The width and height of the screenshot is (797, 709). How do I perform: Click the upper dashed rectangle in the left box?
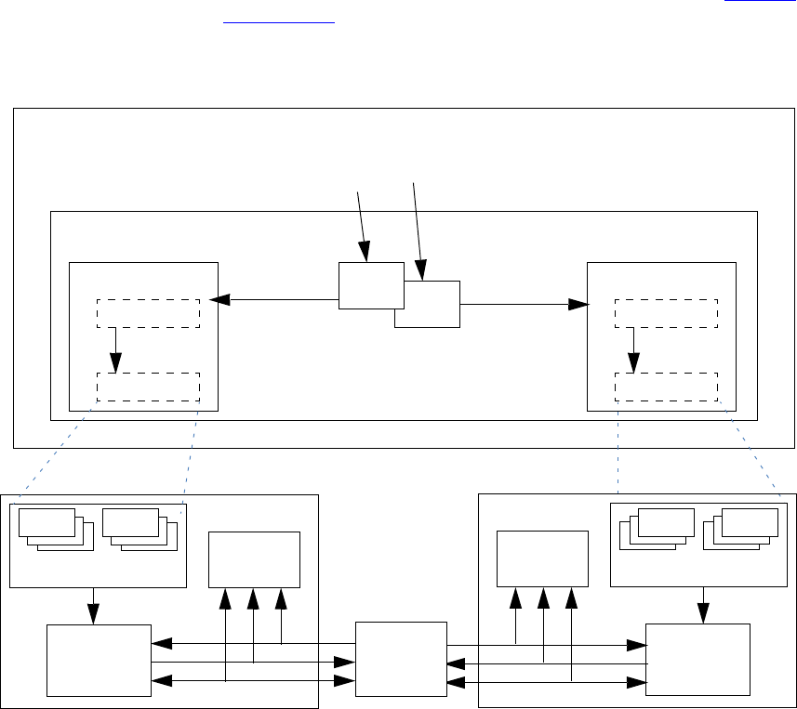coord(149,313)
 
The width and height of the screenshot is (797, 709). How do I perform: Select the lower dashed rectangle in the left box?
coord(149,387)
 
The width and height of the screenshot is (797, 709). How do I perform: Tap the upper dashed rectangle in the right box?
coord(666,313)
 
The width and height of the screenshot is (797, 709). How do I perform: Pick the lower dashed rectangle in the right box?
coord(666,387)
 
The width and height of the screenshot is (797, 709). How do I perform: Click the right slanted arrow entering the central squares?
coord(418,229)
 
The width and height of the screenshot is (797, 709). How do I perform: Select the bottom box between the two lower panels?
coord(401,658)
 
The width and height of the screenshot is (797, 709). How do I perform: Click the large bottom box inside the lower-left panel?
coord(99,660)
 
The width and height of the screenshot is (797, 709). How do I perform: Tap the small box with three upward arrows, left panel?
coord(254,558)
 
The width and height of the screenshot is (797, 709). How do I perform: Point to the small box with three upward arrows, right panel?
coord(542,558)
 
